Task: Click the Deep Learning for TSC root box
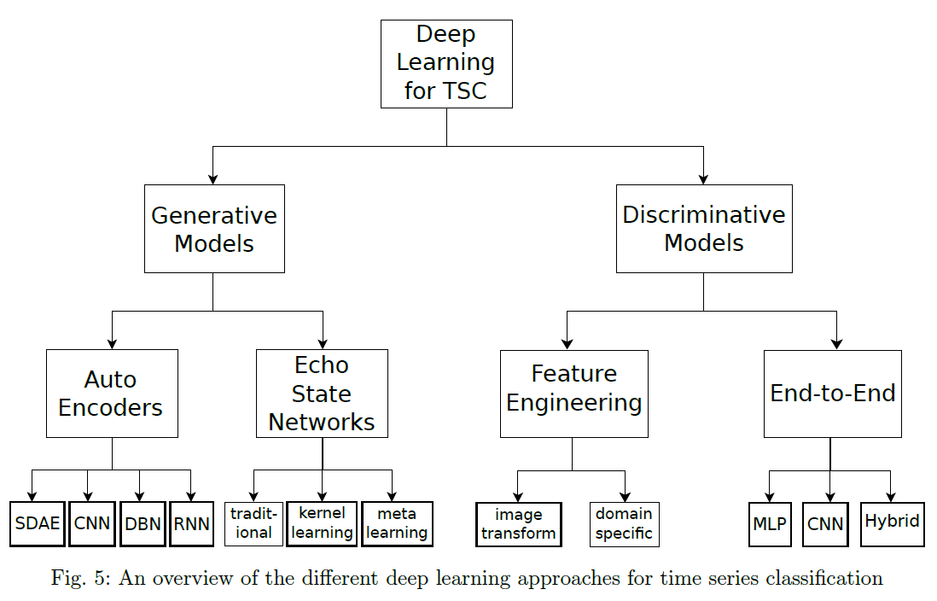[x=446, y=64]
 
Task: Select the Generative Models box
[x=214, y=229]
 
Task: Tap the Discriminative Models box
[x=704, y=229]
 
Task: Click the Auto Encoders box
[x=112, y=394]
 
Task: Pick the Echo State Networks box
[x=322, y=394]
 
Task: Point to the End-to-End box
[x=832, y=394]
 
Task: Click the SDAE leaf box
[x=38, y=523]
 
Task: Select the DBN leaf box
[x=143, y=523]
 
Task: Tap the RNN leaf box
[x=191, y=523]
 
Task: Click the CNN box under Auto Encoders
[x=91, y=522]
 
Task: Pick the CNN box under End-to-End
[x=824, y=523]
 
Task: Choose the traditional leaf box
[x=253, y=523]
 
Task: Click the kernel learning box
[x=322, y=523]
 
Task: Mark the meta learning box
[x=397, y=523]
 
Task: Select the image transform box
[x=518, y=524]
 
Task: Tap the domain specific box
[x=624, y=524]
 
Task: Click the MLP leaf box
[x=770, y=523]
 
